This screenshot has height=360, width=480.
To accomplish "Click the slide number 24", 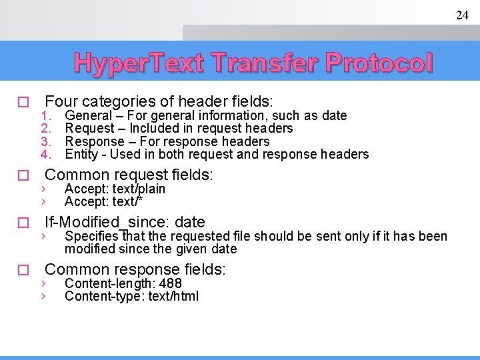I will pos(462,15).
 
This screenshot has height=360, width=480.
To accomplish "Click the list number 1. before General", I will pos(46,116).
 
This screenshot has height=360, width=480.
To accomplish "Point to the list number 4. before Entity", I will pos(46,155).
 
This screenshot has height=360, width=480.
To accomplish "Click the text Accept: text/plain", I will pos(115,189).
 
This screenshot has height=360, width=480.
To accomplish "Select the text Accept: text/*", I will pos(103,201).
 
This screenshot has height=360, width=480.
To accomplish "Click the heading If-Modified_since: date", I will pos(125,222).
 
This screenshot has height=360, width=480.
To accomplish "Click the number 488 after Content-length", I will pos(171,283).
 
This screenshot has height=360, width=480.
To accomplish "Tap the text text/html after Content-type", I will pos(175,296).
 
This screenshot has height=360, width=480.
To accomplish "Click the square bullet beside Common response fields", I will pos(23,271).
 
